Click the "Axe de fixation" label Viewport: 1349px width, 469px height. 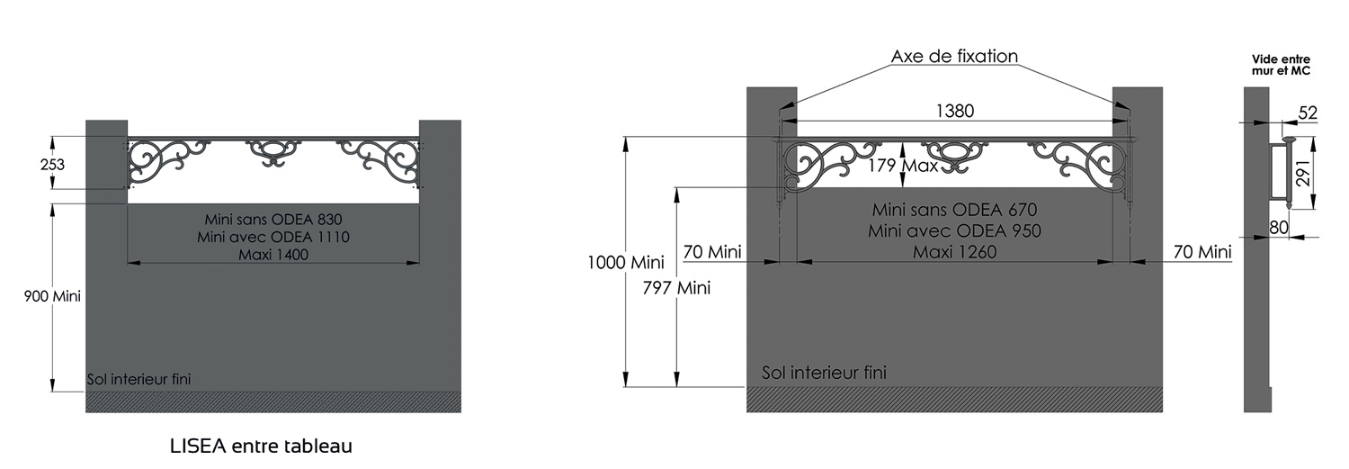pos(954,57)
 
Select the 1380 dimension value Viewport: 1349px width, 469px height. pos(955,111)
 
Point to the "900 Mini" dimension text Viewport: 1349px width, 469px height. pos(52,295)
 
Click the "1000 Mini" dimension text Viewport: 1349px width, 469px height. pos(625,263)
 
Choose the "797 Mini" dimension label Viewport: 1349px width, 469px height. pos(676,288)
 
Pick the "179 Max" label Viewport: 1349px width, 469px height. pos(903,166)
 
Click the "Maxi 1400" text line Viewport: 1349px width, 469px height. pos(273,255)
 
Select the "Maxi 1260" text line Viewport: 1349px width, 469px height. pos(954,252)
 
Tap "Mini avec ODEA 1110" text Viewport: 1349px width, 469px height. pos(273,237)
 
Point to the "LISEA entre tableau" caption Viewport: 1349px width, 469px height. pos(261,446)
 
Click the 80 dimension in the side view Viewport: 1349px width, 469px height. pos(1279,229)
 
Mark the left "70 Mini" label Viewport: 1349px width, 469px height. pos(712,252)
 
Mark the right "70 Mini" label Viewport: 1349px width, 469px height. pos(1202,252)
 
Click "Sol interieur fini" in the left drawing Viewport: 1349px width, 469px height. pos(138,380)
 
